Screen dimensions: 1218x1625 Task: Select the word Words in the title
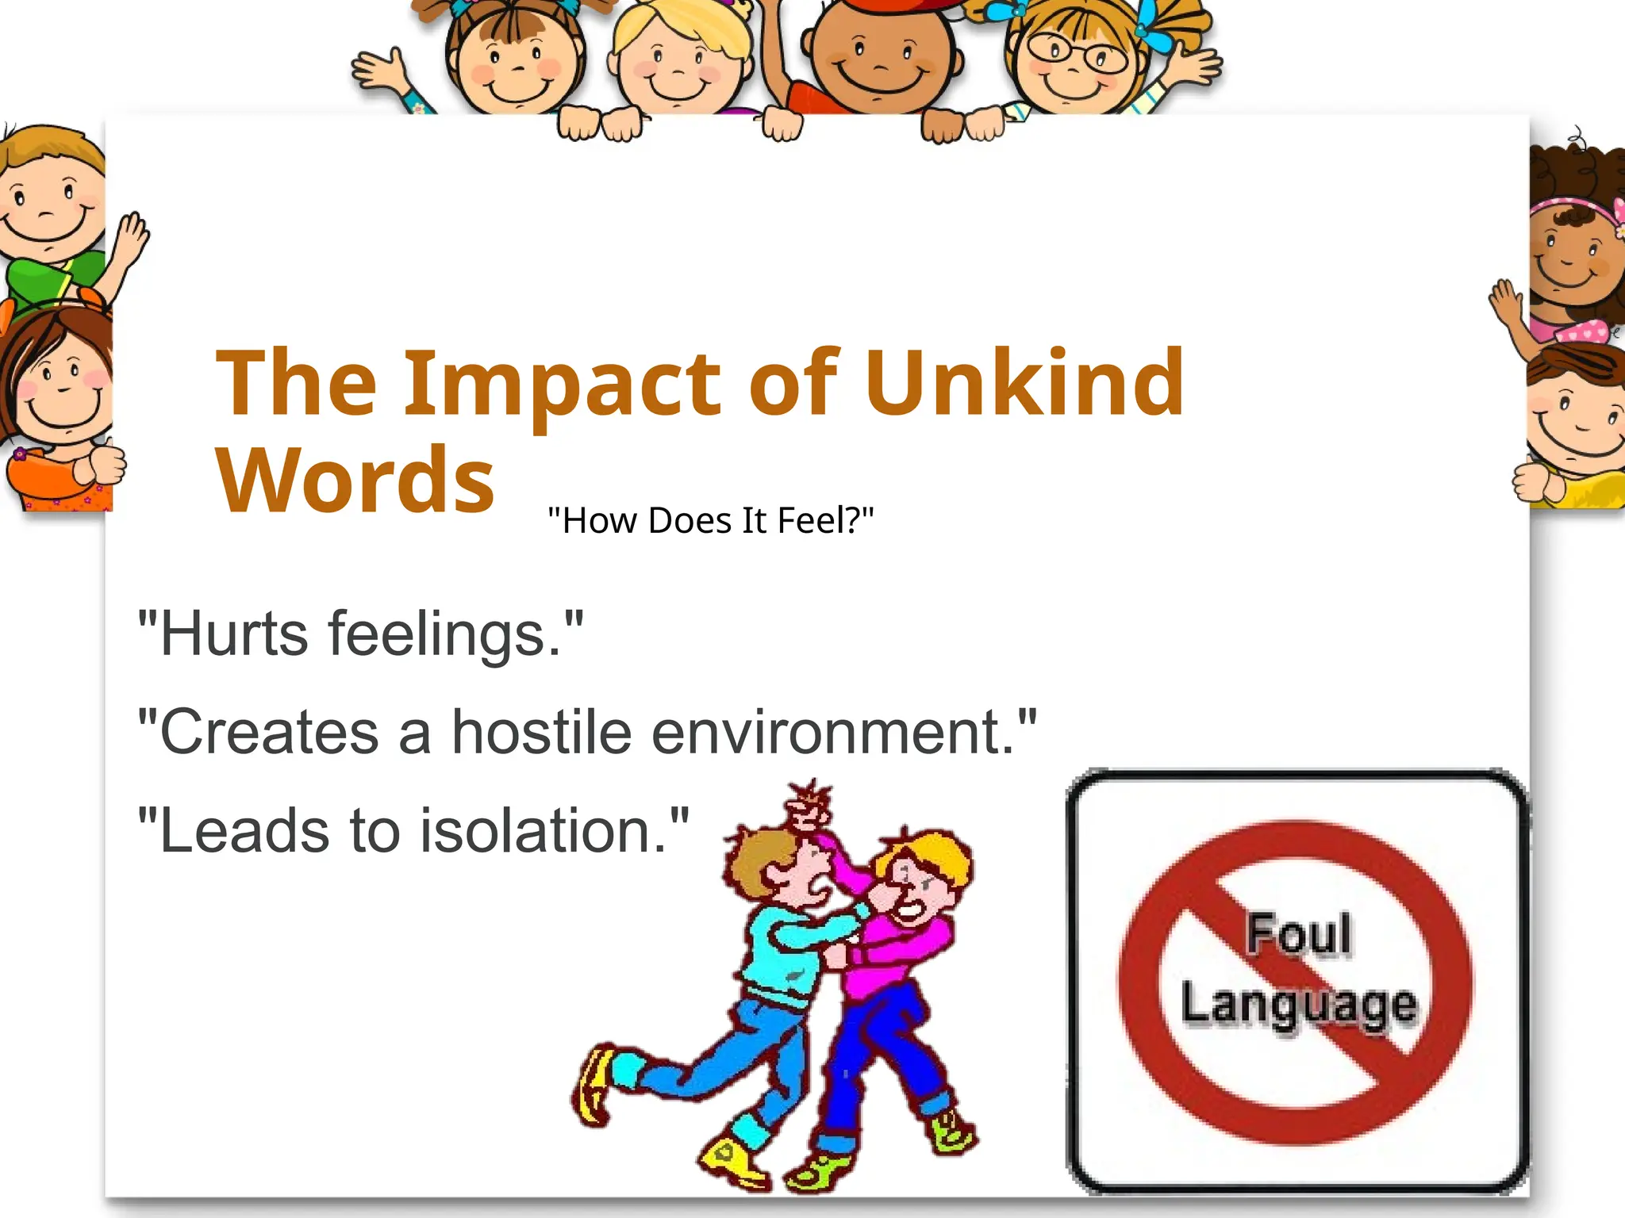point(355,481)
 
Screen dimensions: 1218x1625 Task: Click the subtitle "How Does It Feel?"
point(711,521)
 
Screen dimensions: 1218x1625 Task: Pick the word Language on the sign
point(1298,1005)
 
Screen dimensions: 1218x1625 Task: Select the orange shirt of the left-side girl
point(48,480)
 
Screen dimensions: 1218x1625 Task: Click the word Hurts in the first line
point(234,635)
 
